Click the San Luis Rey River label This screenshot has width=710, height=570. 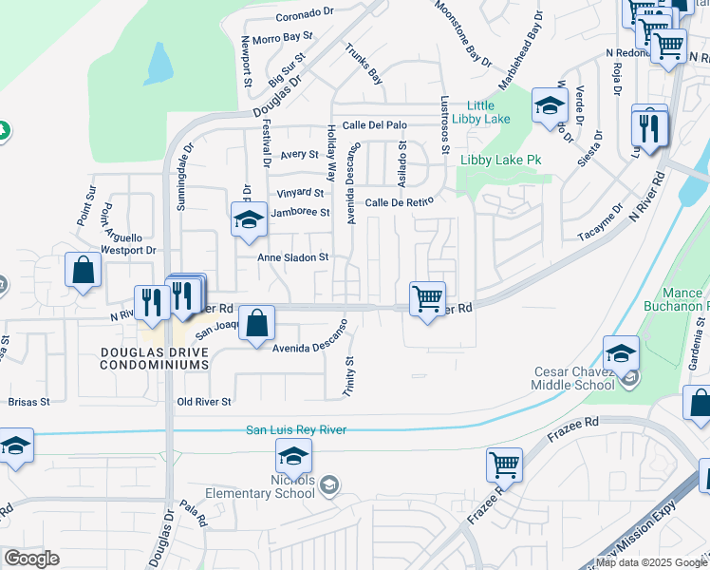(x=296, y=430)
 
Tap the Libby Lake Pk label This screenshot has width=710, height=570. (x=500, y=161)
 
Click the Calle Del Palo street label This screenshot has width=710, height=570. (x=375, y=124)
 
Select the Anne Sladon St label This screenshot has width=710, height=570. (x=293, y=256)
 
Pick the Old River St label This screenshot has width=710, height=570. (x=204, y=402)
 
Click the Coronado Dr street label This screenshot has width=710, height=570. (x=306, y=17)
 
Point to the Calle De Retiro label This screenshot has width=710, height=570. (x=399, y=201)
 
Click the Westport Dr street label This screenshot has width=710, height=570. (x=127, y=251)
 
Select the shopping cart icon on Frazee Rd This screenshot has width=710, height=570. (x=504, y=465)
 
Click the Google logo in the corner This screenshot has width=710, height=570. (x=31, y=559)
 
